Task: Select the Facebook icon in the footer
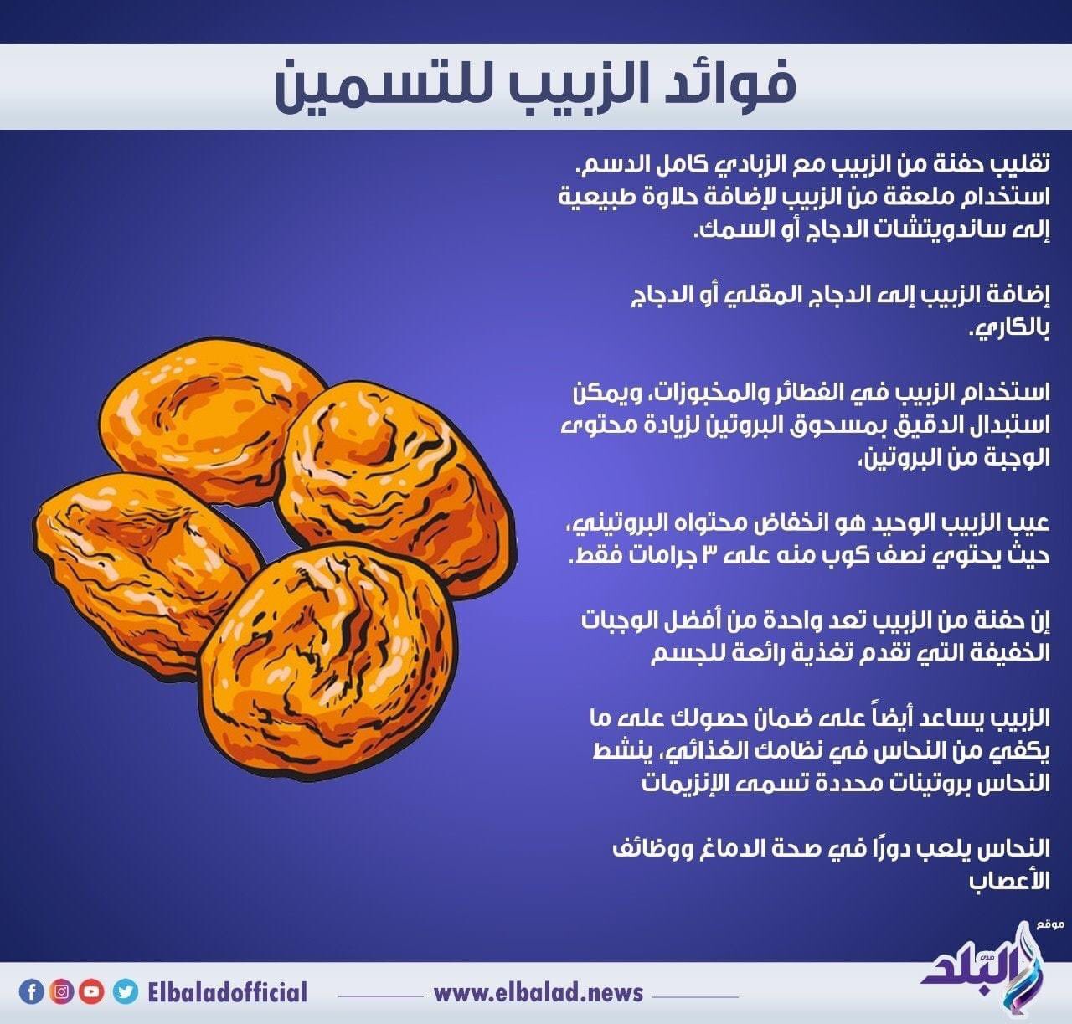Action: coord(32,992)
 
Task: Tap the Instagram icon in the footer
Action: coord(62,992)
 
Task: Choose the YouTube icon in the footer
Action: coord(92,992)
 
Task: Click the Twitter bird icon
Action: coord(124,992)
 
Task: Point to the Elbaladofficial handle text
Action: coord(226,993)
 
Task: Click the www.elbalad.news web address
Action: coord(538,994)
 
